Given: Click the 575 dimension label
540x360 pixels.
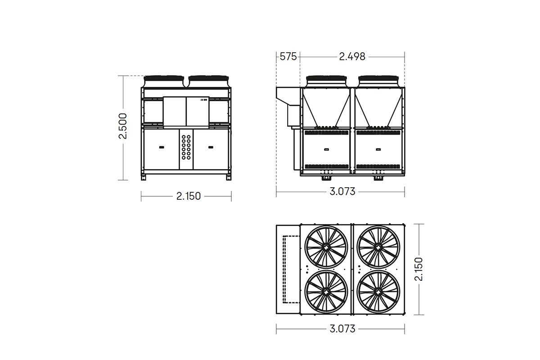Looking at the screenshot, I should click(288, 57).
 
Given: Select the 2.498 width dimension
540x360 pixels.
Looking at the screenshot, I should click(352, 57).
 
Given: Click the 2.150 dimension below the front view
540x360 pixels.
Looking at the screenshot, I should click(189, 196).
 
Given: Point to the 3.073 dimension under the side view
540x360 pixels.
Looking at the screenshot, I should click(342, 192).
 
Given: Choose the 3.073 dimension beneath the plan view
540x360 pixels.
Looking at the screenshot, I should click(342, 329).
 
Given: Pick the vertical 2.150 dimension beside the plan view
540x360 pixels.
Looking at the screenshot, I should click(419, 269).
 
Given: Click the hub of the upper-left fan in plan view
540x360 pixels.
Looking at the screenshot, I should click(326, 247).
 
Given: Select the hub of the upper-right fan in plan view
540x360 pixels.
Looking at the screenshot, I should click(378, 247).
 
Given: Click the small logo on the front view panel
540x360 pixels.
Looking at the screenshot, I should click(203, 100).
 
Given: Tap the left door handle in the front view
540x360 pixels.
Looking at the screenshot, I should click(161, 146).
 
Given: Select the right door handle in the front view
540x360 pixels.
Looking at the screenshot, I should click(211, 146).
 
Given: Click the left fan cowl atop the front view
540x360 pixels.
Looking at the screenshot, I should click(163, 81).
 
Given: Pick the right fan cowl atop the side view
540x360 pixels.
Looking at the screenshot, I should click(378, 81).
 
